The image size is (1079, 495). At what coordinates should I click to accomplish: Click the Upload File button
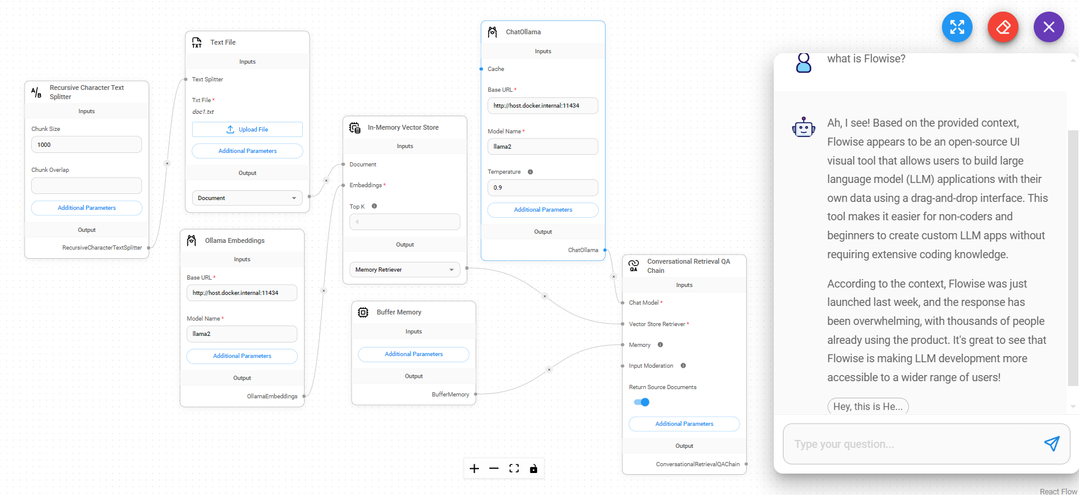pos(247,130)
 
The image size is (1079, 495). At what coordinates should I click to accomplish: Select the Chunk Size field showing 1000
pos(86,145)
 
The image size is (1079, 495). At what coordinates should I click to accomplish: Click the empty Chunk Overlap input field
pos(86,186)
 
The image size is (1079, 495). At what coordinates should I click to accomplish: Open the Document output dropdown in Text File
pos(247,198)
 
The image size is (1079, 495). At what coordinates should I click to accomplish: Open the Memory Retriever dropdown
pos(404,270)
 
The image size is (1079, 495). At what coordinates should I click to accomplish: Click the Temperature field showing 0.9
pos(543,188)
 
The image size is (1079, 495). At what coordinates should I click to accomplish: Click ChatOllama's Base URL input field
pos(543,106)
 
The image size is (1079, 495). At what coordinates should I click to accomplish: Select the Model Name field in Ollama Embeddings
pos(242,334)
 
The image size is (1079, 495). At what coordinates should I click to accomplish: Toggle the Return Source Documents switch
pos(642,402)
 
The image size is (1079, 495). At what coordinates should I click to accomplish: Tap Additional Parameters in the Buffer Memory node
pos(413,354)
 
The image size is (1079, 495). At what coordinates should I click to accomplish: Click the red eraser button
pos(1003,28)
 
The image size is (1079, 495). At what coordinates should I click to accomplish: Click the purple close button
pos(1048,28)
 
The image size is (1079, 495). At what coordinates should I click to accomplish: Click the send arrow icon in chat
pos(1051,444)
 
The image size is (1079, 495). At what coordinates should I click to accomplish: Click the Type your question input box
pos(911,444)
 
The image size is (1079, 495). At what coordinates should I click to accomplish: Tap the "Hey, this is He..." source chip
pos(867,407)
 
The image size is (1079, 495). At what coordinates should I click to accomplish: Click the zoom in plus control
pos(474,469)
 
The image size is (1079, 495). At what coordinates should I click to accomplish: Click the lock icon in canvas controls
pos(533,469)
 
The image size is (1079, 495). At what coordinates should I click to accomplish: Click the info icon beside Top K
pos(374,206)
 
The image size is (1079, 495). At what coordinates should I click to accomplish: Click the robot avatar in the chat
pos(804,127)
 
